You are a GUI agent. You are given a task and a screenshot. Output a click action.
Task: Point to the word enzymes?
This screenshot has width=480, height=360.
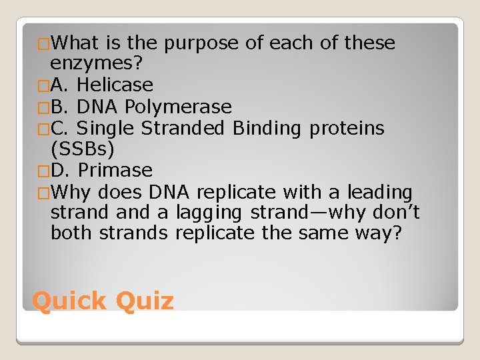coord(98,64)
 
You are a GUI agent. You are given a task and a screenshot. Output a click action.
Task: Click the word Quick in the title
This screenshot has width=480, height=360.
coord(69,301)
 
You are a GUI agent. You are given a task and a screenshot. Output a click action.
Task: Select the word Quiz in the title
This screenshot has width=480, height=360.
coord(144,301)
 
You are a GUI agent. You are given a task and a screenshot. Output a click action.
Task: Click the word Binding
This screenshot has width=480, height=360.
coord(267,128)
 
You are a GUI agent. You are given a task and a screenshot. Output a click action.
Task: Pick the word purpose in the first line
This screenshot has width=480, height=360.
coord(201,44)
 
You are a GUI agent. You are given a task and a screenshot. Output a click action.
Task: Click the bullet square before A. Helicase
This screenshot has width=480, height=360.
coord(44,86)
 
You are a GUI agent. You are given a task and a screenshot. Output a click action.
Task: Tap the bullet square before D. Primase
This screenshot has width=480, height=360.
coord(44,171)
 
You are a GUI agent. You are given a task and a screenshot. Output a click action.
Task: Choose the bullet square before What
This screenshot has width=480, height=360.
coord(44,44)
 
